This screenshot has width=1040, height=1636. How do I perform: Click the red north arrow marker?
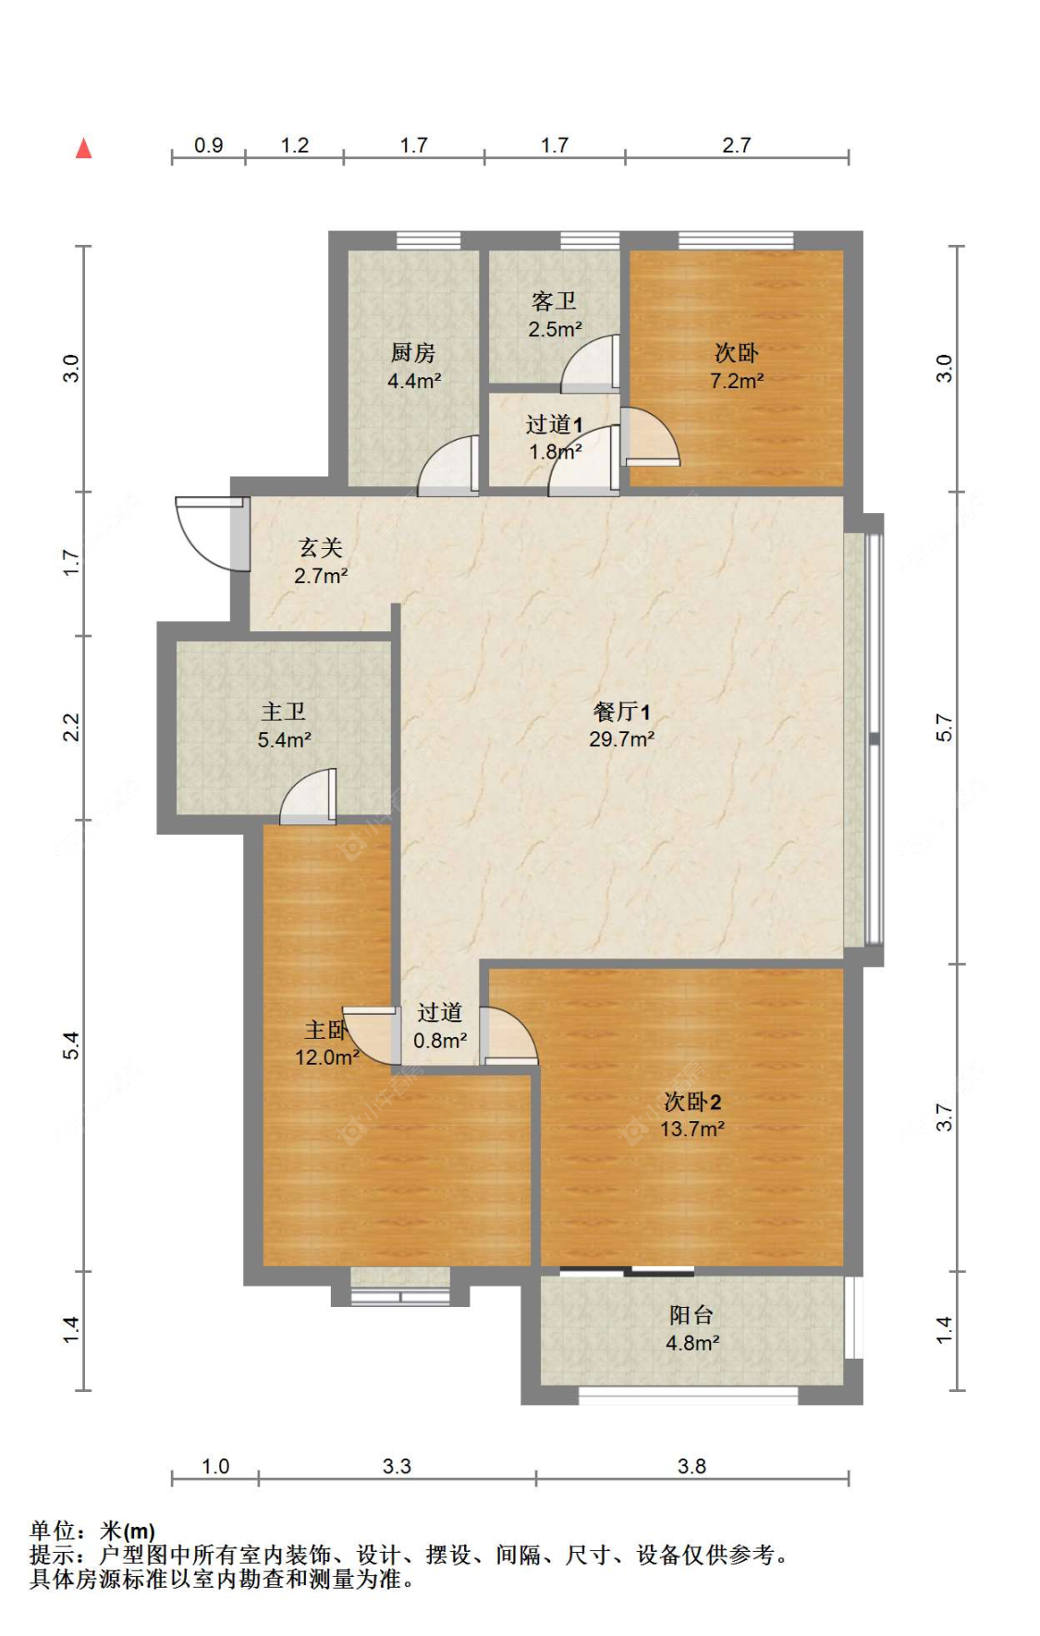tap(83, 148)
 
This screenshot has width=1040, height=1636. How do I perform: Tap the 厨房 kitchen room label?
tap(412, 352)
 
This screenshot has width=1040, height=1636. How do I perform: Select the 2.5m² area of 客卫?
tap(555, 329)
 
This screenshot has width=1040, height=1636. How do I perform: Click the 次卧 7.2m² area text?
tap(736, 381)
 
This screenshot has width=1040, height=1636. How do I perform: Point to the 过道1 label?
tap(554, 424)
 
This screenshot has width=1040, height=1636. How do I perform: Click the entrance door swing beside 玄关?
tap(208, 533)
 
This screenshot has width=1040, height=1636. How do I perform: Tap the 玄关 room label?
tap(321, 547)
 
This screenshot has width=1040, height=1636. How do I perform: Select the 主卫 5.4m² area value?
tap(284, 739)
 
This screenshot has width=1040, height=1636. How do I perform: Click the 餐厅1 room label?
tap(621, 711)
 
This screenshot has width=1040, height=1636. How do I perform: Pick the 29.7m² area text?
tap(621, 739)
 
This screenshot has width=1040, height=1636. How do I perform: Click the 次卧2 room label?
tap(691, 1101)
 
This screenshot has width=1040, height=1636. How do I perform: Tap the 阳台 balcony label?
tap(691, 1314)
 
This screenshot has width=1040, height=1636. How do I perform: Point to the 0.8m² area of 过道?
tap(440, 1041)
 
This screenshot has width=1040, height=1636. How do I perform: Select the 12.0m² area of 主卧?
tap(326, 1057)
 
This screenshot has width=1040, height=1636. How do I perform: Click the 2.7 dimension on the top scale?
tap(736, 145)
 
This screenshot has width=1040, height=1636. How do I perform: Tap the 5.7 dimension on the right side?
tap(944, 727)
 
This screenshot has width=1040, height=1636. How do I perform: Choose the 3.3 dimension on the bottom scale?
tap(397, 1466)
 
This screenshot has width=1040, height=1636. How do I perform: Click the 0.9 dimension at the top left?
tap(208, 145)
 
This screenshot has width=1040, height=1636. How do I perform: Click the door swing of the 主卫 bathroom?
tap(308, 797)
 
